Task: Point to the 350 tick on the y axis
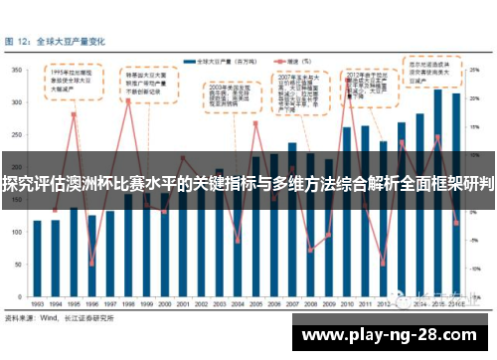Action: tap(19, 71)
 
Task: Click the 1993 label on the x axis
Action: tap(37, 302)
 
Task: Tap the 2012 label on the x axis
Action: tap(383, 302)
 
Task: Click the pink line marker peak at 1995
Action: tap(74, 114)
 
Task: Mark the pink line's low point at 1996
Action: tap(91, 264)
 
